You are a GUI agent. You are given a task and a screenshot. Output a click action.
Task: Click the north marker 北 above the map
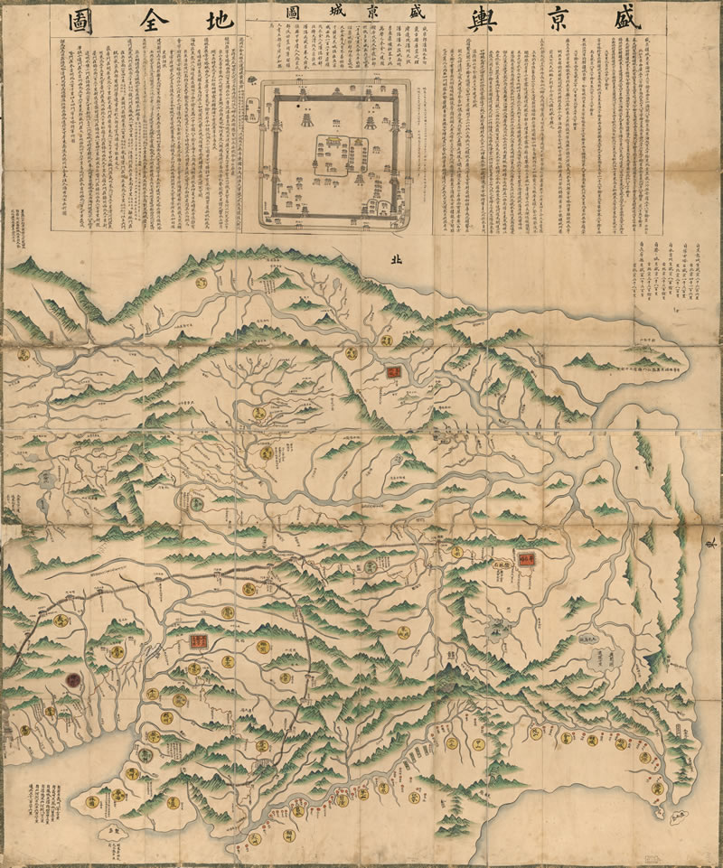click(x=393, y=258)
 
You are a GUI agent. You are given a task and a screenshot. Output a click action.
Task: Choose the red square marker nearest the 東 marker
click(x=526, y=558)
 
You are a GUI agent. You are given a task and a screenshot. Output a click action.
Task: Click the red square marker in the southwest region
click(x=195, y=642)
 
